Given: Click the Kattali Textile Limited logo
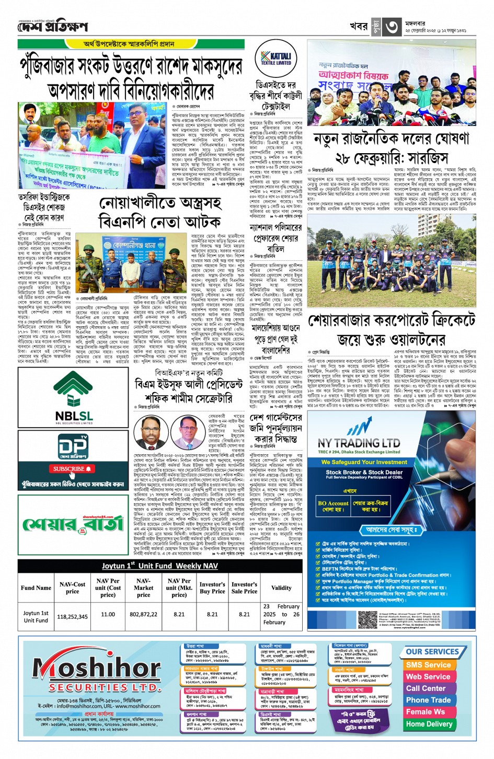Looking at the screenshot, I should pos(276,59).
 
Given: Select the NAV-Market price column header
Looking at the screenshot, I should pos(143,588).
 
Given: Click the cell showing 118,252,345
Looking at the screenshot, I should pos(72,616).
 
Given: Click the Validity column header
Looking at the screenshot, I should pos(281,588).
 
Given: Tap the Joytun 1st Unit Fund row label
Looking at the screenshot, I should pos(36,616).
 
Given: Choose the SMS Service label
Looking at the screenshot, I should pos(428,665).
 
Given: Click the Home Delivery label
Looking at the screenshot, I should pos(429,724).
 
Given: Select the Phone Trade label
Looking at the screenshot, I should pos(428,700).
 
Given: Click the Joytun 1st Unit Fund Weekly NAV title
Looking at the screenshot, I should pos(160,566).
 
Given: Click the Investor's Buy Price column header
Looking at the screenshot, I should pos(212,588).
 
